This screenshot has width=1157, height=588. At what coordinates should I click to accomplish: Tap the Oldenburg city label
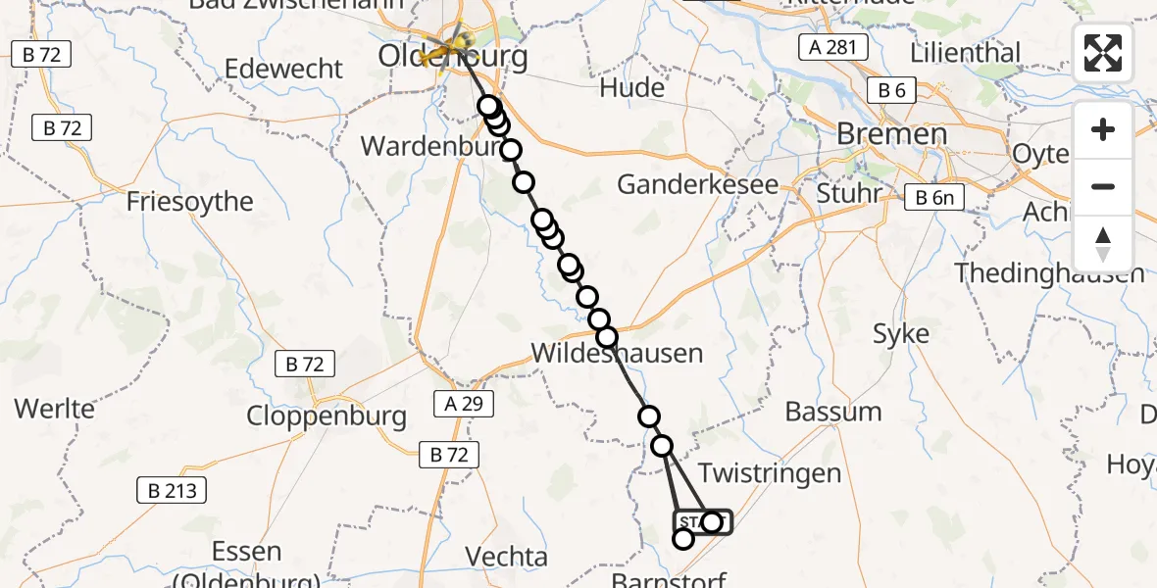[453, 57]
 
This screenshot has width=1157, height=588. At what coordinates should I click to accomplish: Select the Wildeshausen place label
[617, 353]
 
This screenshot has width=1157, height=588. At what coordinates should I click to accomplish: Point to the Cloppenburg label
[327, 416]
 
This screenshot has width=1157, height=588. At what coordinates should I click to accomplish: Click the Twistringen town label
[770, 474]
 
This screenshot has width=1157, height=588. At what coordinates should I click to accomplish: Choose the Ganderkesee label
[697, 185]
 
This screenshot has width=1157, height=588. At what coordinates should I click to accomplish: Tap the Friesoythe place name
[190, 202]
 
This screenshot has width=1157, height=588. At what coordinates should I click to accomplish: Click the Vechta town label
[507, 558]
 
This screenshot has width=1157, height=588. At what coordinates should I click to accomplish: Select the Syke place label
[901, 334]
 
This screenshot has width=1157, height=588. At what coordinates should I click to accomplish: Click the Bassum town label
[833, 412]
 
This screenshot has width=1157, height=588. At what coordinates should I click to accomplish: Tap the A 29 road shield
[463, 404]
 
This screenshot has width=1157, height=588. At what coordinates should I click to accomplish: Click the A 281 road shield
[833, 47]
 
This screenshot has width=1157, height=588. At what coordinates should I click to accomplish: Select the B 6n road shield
[933, 197]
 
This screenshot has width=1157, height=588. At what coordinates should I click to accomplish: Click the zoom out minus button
[1103, 186]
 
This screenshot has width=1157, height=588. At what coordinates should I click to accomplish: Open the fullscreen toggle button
[1103, 53]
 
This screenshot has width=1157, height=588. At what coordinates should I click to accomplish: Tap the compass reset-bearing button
[1103, 243]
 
